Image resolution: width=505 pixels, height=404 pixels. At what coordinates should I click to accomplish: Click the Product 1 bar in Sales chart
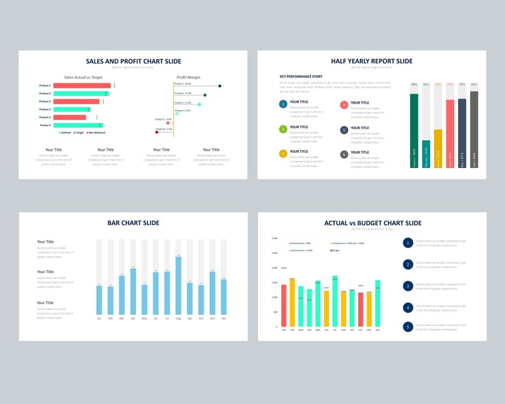coord(81,85)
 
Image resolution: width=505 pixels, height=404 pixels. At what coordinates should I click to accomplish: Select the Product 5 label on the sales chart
coord(45,117)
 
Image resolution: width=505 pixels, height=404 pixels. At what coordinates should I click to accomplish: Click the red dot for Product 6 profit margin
coord(156,132)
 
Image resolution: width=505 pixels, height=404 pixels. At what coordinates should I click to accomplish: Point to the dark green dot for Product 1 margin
coord(219,86)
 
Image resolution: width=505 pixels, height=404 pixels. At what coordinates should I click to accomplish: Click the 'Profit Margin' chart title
coord(188,77)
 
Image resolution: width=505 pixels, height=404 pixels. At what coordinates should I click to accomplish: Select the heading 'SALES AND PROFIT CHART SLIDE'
coord(133,61)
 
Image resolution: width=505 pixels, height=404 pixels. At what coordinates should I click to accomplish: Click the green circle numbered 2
coord(283,129)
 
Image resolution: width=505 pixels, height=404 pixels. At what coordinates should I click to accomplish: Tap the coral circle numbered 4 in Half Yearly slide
coord(344,105)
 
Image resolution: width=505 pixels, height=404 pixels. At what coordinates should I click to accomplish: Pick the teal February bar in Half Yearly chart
coord(426,154)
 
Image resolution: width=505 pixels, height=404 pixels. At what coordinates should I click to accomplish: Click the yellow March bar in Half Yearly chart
coord(438,148)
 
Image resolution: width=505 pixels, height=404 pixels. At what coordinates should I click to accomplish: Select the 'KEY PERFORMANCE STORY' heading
coord(301,76)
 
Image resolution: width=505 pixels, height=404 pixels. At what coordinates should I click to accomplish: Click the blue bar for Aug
coord(178,286)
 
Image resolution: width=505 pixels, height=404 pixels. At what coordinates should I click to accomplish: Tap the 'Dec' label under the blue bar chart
coord(223,318)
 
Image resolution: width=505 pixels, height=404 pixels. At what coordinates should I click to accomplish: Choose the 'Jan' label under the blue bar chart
coord(99,318)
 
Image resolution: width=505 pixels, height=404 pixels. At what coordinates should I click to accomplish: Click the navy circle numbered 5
coord(408,326)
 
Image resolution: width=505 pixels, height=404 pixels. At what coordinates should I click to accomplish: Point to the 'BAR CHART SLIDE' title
coord(133,223)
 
